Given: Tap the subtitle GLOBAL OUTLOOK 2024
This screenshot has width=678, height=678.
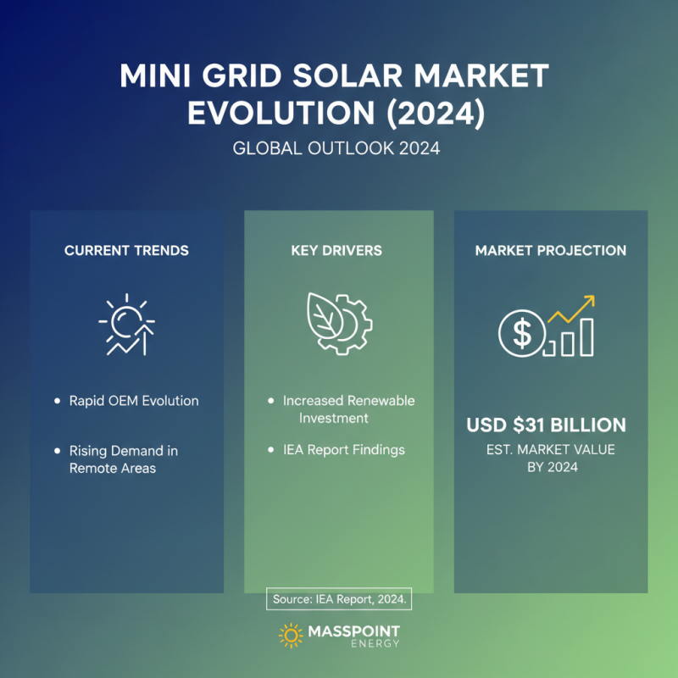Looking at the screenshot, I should (338, 148).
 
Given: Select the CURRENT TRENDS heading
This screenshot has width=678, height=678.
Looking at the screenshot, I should (126, 251).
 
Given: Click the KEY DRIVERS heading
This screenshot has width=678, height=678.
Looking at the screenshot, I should (338, 251).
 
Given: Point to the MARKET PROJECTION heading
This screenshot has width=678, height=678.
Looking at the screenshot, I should (551, 251).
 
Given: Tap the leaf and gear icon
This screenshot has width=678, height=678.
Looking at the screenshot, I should (338, 323).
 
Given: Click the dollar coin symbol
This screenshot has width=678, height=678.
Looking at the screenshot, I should (520, 332).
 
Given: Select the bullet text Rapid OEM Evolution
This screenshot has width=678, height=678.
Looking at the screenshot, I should (134, 401).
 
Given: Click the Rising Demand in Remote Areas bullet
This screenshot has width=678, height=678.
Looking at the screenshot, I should (124, 459).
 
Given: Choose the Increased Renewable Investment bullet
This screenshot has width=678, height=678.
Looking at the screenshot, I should (348, 408).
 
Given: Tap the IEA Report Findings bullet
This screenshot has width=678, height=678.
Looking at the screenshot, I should (344, 449).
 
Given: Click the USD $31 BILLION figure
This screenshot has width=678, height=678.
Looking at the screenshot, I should (547, 425).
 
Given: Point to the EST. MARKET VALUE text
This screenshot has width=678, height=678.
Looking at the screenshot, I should (552, 450).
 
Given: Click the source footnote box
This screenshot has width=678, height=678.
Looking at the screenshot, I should (340, 599).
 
